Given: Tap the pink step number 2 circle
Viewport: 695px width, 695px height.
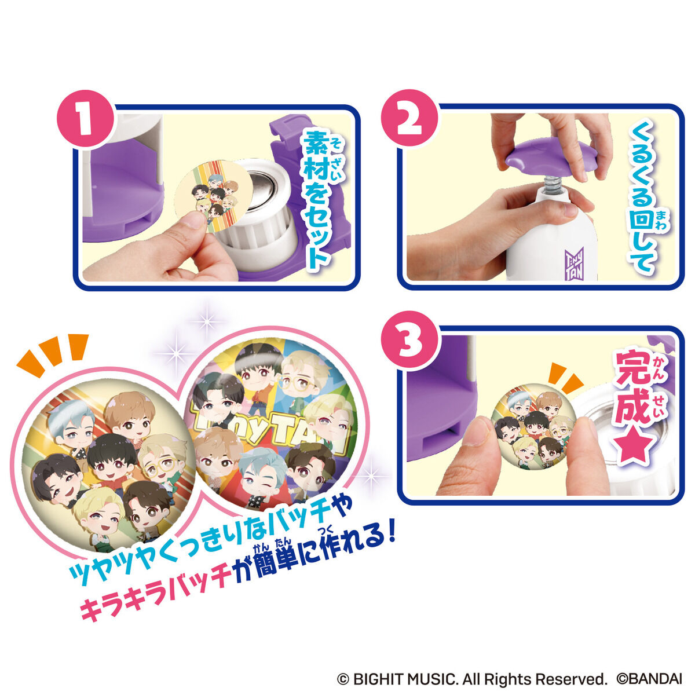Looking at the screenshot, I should click(x=409, y=120).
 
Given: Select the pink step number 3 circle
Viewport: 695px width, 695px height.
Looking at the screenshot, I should click(x=409, y=341).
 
